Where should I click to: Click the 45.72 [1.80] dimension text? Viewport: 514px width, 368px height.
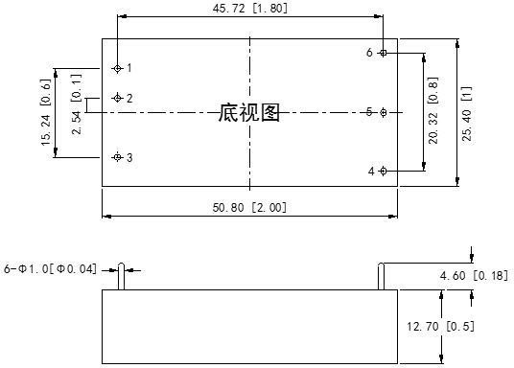249,8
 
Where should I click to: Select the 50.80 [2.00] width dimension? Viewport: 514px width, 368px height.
249,207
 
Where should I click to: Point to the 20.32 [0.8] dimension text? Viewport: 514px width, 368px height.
433,113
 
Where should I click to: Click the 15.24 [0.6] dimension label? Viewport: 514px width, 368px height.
45,113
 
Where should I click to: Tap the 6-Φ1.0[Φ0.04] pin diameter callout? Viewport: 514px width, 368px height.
50,268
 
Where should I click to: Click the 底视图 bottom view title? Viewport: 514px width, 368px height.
249,113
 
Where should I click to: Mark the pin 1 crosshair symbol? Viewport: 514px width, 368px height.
117,68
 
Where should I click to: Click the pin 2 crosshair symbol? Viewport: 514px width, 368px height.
117,98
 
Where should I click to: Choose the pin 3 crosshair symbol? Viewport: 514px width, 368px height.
117,157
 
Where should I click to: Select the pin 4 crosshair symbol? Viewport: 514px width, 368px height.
384,171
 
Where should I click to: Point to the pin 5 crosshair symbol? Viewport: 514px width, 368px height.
384,112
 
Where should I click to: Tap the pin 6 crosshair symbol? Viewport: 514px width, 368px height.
384,53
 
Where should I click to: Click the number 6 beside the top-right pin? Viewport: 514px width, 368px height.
369,53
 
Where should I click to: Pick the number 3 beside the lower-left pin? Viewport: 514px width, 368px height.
129,157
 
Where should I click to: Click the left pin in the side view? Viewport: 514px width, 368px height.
122,275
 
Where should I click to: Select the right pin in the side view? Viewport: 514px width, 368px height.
383,275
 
